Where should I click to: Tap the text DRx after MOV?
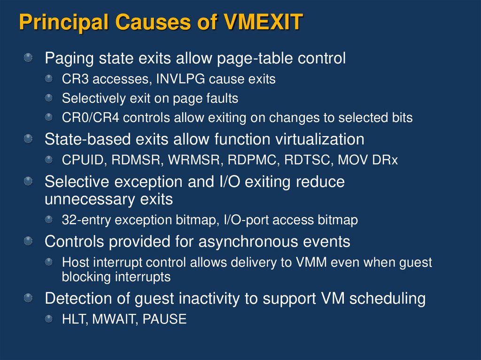[386, 160]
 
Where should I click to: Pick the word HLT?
[74, 320]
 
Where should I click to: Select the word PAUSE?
[164, 320]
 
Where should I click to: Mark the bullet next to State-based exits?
[29, 138]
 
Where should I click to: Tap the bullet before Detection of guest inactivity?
[29, 298]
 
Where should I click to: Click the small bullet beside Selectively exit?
[49, 98]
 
